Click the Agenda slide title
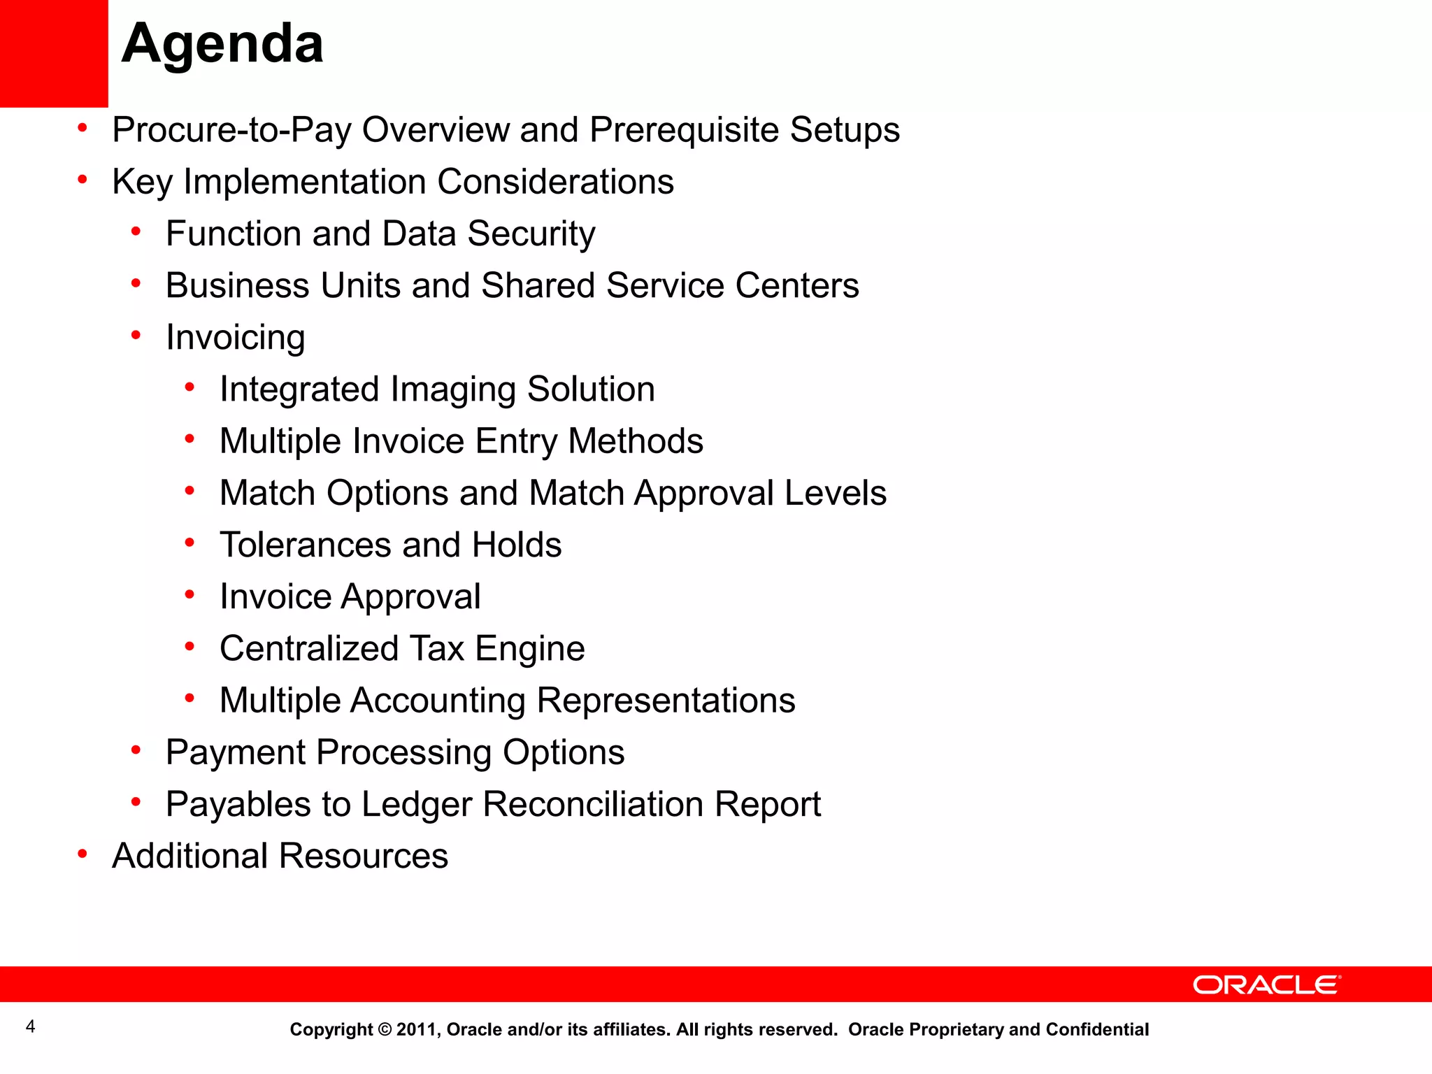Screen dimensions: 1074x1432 pyautogui.click(x=222, y=43)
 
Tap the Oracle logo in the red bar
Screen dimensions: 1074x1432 pyautogui.click(x=1266, y=984)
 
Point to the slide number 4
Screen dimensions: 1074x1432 pyautogui.click(x=30, y=1026)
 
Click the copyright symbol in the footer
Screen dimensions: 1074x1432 pyautogui.click(x=385, y=1029)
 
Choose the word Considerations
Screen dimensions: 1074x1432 pyautogui.click(x=555, y=182)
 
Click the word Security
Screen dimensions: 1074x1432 pyautogui.click(x=531, y=234)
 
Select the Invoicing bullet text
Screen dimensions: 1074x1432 pyautogui.click(x=235, y=338)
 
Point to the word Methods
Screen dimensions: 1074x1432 pyautogui.click(x=635, y=441)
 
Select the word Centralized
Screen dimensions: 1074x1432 pyautogui.click(x=308, y=648)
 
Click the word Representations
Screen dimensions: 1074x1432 pyautogui.click(x=666, y=700)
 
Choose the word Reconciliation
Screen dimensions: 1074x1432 pyautogui.click(x=592, y=804)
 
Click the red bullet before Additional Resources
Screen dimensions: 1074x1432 pyautogui.click(x=83, y=854)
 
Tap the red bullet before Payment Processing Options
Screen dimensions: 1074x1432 pyautogui.click(x=136, y=750)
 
